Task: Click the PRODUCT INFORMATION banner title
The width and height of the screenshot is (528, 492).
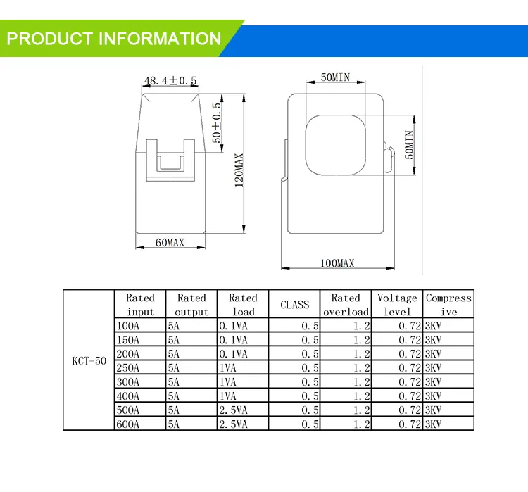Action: coord(114,38)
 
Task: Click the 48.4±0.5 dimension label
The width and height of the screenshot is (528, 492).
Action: coord(170,81)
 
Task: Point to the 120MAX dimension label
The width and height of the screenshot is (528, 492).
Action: coord(239,172)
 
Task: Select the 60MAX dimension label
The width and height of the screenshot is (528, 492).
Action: coord(170,243)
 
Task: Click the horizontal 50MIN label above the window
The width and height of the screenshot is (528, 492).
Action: coord(336,78)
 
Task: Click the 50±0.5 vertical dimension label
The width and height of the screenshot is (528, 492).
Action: coord(217,123)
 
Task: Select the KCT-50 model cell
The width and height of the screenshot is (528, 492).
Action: coord(89,361)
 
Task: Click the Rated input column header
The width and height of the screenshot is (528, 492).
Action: coord(140,305)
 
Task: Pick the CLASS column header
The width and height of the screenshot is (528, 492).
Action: coord(294,305)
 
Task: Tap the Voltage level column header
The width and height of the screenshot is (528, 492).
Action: coord(398,305)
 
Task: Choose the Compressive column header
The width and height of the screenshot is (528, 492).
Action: coord(448,305)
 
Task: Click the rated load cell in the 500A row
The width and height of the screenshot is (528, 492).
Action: coord(234,410)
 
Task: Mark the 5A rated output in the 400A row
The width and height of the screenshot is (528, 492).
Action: coord(174,396)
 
